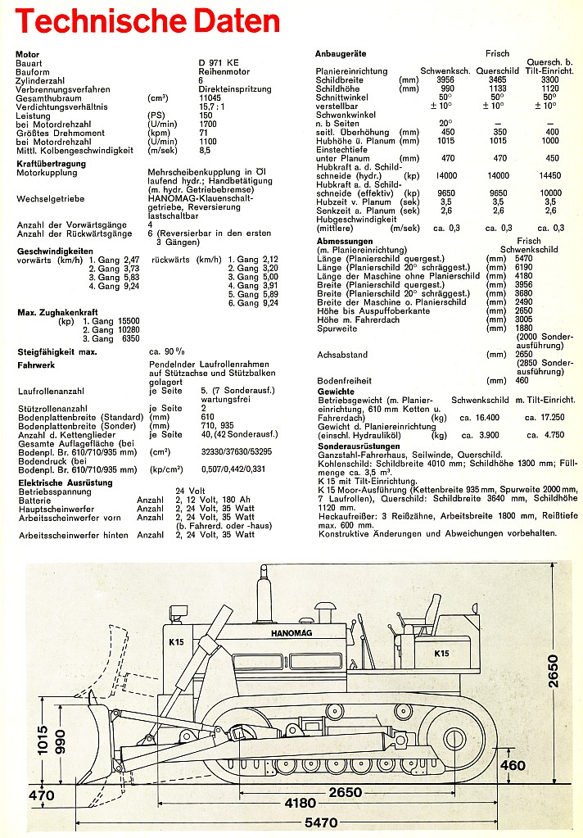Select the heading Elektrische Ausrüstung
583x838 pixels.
point(65,482)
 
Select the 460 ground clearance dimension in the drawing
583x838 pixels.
point(513,765)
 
